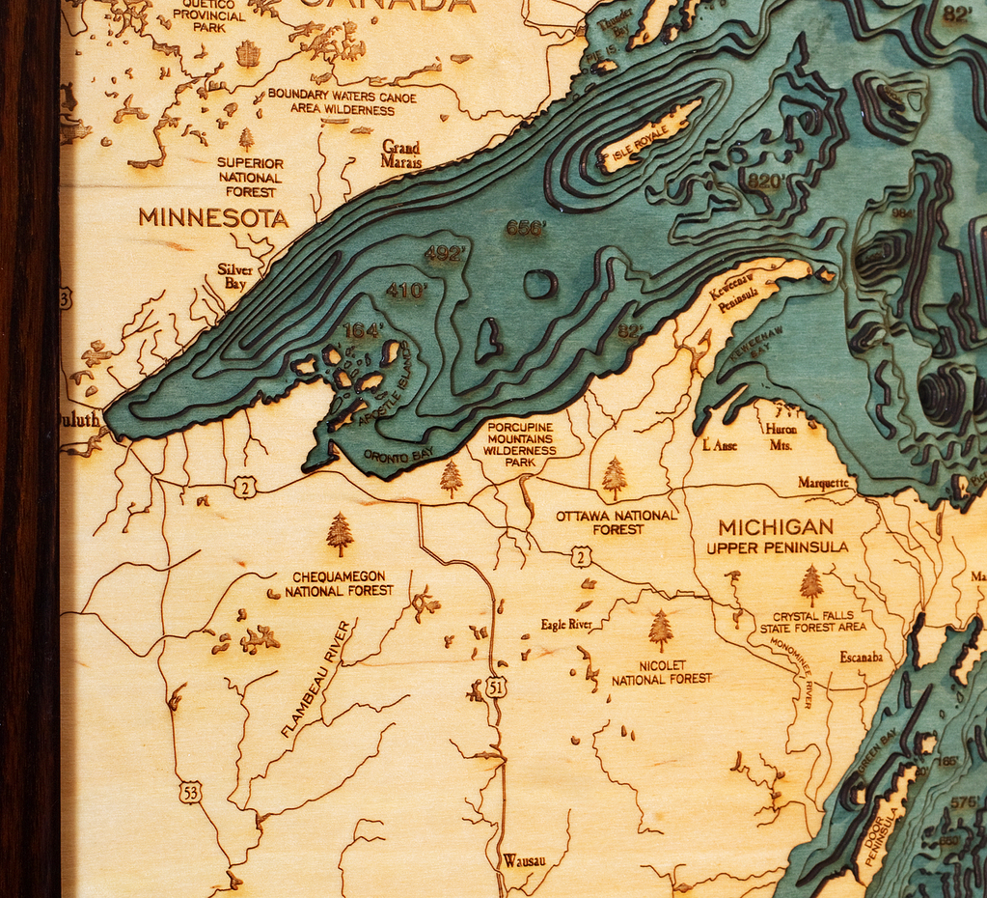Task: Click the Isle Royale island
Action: click(648, 136)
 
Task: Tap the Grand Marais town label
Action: click(401, 154)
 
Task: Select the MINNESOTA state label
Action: click(213, 218)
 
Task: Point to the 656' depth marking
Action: click(526, 228)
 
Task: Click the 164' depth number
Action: click(363, 330)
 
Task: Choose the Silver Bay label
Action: click(234, 276)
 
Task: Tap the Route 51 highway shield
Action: click(497, 687)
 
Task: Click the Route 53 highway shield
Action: click(191, 793)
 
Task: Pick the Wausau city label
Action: click(524, 860)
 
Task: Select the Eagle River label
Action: click(566, 625)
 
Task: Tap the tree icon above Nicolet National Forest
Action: click(661, 631)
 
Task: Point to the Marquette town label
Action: click(824, 483)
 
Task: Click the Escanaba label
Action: click(861, 657)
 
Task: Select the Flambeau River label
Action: click(316, 679)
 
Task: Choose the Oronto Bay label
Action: click(398, 453)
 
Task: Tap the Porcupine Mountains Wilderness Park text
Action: click(520, 443)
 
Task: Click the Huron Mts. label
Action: click(780, 436)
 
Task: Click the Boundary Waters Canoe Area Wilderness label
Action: click(343, 102)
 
